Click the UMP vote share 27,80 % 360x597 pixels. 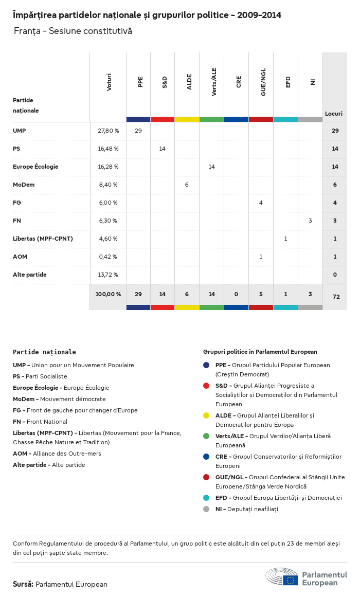[108, 131]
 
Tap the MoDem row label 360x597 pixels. [24, 185]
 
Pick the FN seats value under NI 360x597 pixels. [310, 221]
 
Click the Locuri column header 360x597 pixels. [334, 114]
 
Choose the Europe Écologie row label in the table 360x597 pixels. [35, 167]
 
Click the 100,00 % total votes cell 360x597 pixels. [108, 294]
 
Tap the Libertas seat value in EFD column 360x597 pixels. [285, 239]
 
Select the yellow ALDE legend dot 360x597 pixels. [206, 415]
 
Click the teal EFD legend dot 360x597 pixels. [206, 498]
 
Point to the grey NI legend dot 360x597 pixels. [206, 509]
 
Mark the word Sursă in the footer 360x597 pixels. [23, 584]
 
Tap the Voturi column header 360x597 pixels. [109, 82]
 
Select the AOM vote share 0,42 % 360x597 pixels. [108, 257]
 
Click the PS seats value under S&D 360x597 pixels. [162, 149]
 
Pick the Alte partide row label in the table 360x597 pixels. [30, 275]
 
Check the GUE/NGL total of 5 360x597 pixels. [261, 294]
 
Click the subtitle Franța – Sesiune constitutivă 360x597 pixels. [73, 31]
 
